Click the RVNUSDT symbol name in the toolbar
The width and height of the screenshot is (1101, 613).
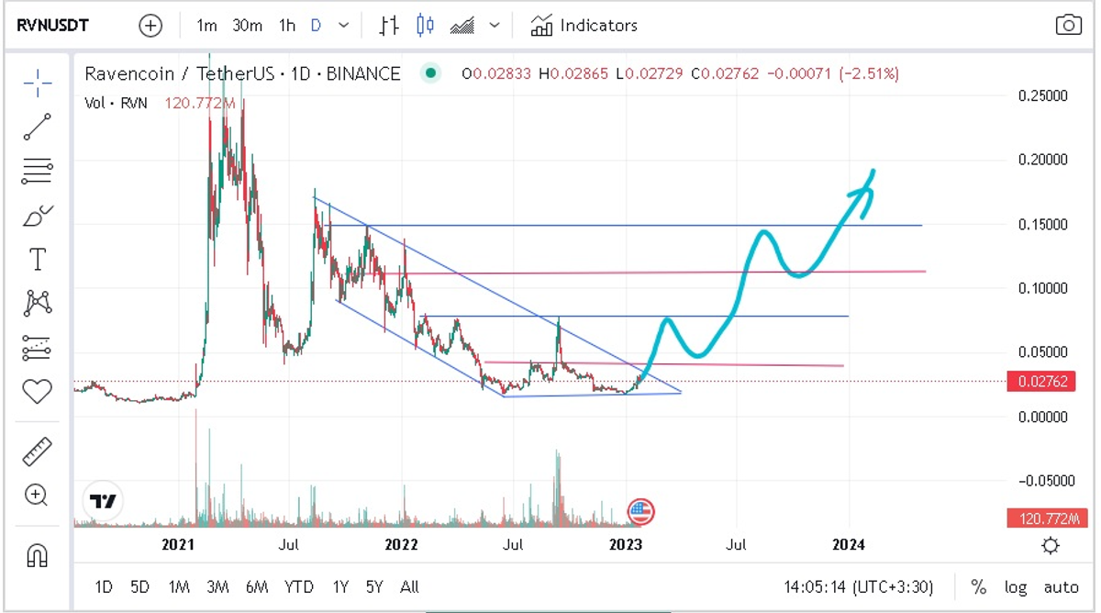[53, 25]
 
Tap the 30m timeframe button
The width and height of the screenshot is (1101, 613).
[247, 25]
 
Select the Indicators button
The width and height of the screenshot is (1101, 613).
[584, 25]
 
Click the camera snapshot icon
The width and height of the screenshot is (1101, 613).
[1068, 25]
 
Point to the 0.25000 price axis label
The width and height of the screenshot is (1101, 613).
[1044, 95]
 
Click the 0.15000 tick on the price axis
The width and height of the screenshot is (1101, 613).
[1044, 224]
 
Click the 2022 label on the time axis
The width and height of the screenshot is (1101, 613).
[401, 545]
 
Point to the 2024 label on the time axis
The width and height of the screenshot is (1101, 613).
[848, 545]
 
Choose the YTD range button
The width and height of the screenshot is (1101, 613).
[298, 586]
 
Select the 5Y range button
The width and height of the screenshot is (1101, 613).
[374, 586]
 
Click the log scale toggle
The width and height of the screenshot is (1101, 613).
[1016, 586]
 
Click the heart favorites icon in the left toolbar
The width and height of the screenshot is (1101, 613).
[37, 392]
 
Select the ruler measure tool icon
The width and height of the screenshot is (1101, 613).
[37, 451]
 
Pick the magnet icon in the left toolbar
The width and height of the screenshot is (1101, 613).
[37, 554]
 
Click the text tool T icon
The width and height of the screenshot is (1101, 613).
[37, 260]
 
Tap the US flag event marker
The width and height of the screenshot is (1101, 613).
[639, 511]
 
